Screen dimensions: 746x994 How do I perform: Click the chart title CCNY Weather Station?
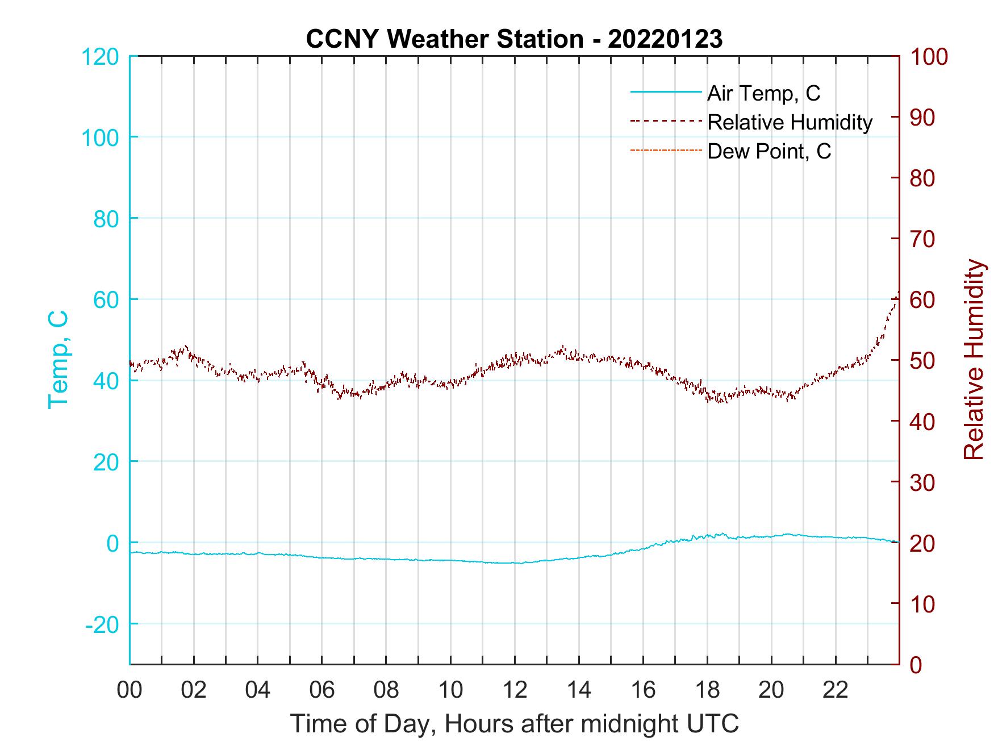click(514, 39)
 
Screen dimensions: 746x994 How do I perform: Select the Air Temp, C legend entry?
click(763, 93)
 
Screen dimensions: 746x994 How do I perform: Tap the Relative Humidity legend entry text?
click(790, 122)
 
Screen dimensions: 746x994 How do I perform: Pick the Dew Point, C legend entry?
click(769, 152)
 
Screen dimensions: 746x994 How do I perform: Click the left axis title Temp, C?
click(59, 359)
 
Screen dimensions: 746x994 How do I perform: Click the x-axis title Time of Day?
click(514, 724)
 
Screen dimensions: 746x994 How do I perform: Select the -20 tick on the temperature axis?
click(103, 624)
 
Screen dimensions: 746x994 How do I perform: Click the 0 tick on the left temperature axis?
click(112, 543)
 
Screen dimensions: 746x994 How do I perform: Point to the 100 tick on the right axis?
click(929, 57)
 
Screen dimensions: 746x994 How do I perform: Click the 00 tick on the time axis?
click(130, 690)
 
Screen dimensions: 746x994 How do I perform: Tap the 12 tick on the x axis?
click(515, 690)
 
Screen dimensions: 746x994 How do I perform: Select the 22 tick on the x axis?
click(836, 690)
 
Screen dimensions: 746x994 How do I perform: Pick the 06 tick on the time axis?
click(322, 690)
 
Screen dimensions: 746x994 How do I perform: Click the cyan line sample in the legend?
click(666, 92)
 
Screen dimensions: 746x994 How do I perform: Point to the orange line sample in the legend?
click(666, 151)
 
